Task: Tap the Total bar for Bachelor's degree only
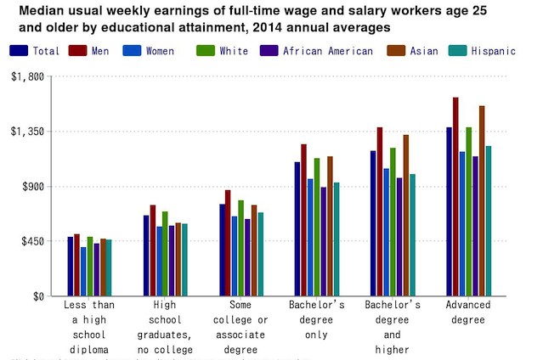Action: point(297,229)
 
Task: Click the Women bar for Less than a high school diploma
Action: point(83,272)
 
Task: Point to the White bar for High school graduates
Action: point(165,254)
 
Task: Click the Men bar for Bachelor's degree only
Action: point(303,221)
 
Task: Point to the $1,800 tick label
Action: point(26,76)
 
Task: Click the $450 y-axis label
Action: point(31,241)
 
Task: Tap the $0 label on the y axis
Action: point(37,296)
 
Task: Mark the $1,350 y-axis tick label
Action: point(26,132)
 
